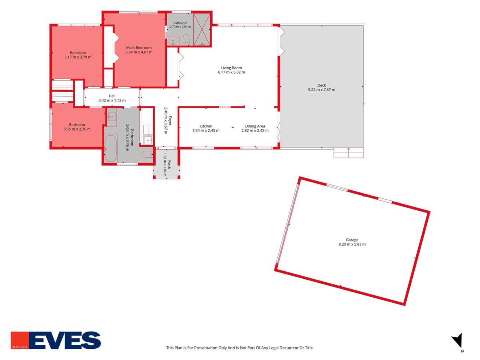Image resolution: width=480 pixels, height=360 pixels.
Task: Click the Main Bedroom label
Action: [139, 48]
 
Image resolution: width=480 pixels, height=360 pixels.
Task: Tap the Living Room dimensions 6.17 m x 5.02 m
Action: [231, 72]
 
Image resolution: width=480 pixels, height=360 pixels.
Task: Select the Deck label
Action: [322, 85]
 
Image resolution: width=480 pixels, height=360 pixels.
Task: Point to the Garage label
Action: [352, 240]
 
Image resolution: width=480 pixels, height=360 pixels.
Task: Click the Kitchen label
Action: [206, 126]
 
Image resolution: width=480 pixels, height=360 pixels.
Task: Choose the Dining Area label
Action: [255, 126]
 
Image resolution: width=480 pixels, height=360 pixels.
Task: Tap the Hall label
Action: [112, 96]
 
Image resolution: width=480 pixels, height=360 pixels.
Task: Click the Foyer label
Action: [170, 121]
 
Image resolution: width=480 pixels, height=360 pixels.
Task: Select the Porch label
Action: [169, 164]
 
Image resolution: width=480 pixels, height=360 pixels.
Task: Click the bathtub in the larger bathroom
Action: [111, 148]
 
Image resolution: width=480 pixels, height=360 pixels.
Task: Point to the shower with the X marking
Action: [202, 30]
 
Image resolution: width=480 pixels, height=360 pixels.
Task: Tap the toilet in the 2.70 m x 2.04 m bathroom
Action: [186, 40]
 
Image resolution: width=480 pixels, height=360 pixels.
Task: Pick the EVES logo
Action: [56, 340]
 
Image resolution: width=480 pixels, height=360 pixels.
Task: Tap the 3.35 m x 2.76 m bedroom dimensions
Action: [77, 129]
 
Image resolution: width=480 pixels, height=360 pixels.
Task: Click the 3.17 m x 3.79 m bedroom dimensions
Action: [78, 57]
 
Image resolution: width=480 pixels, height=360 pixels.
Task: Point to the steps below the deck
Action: [348, 153]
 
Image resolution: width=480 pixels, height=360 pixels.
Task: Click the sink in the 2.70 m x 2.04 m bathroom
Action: [174, 41]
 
